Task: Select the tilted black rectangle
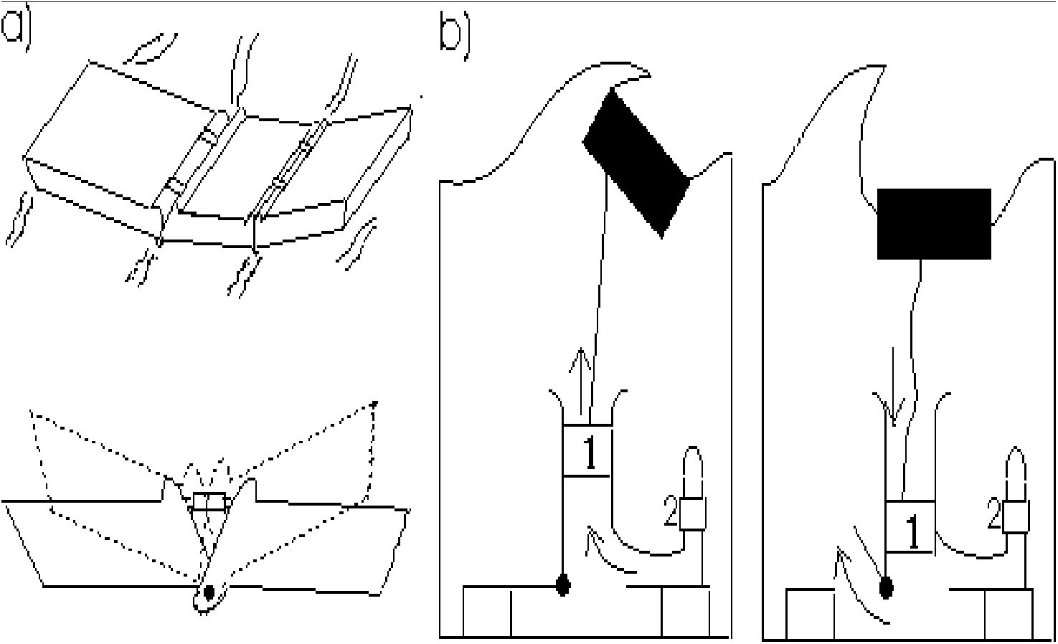(x=636, y=161)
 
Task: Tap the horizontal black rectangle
(x=934, y=223)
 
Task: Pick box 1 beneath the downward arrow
(x=910, y=526)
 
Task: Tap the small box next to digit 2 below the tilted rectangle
(x=693, y=513)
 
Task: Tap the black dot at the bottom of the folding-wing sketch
(x=209, y=592)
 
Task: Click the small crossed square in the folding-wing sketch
(x=209, y=501)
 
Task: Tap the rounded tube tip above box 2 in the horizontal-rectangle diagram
(x=1016, y=470)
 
